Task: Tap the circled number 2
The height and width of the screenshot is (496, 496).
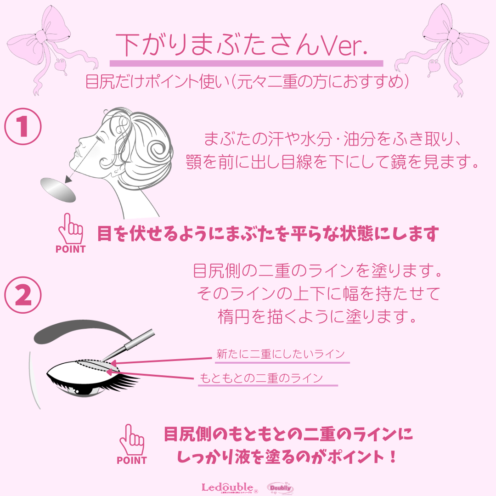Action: pyautogui.click(x=23, y=296)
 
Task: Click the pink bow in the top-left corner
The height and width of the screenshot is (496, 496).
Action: pyautogui.click(x=51, y=44)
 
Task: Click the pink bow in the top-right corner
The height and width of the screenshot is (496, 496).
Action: pyautogui.click(x=448, y=44)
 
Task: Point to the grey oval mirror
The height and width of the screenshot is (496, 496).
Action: pyautogui.click(x=57, y=189)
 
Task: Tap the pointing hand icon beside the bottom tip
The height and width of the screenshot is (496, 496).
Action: pyautogui.click(x=131, y=439)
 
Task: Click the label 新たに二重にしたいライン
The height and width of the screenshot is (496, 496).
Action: pyautogui.click(x=280, y=354)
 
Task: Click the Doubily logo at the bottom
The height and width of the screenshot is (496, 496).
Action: pyautogui.click(x=280, y=488)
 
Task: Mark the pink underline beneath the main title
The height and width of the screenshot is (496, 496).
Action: pyautogui.click(x=246, y=63)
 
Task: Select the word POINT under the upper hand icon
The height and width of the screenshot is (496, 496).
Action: pyautogui.click(x=70, y=249)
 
